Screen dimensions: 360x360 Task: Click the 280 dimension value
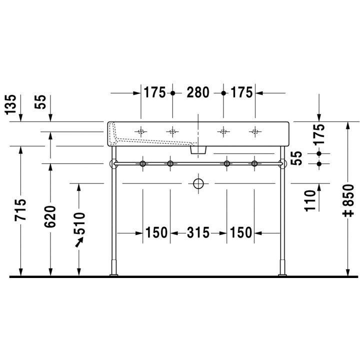(198, 92)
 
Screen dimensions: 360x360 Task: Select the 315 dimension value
(198, 233)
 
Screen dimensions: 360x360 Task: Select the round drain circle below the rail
(198, 184)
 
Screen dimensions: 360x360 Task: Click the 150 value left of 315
(156, 233)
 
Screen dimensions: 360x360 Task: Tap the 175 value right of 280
(241, 92)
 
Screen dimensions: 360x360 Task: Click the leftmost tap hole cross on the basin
(141, 132)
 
